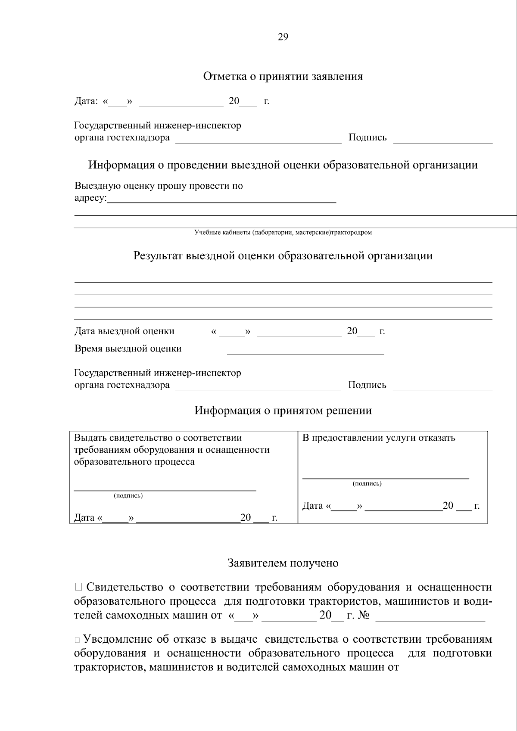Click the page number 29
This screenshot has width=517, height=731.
click(x=283, y=37)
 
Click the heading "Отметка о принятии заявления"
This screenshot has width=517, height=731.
click(x=283, y=77)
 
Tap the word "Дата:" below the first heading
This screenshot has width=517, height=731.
click(x=86, y=102)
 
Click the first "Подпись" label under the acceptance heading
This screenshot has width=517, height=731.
click(x=368, y=138)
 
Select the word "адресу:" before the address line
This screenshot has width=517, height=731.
click(x=90, y=199)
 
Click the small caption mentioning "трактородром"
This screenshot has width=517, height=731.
click(x=283, y=233)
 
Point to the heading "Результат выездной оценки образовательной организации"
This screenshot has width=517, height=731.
click(x=283, y=256)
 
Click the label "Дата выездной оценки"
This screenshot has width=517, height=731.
click(x=125, y=331)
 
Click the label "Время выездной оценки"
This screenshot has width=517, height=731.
click(x=128, y=348)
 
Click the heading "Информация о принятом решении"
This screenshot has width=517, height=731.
click(x=283, y=411)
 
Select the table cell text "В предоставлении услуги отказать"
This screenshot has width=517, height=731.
click(x=379, y=438)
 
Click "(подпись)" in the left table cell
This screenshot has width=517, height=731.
click(x=128, y=496)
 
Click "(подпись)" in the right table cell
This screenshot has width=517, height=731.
click(x=367, y=484)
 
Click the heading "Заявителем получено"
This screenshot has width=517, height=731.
click(x=283, y=563)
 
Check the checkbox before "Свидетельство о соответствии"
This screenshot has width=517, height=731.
click(x=78, y=587)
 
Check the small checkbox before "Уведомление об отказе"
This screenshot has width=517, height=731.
click(x=77, y=640)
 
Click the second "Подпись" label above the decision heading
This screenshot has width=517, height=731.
click(x=367, y=385)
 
